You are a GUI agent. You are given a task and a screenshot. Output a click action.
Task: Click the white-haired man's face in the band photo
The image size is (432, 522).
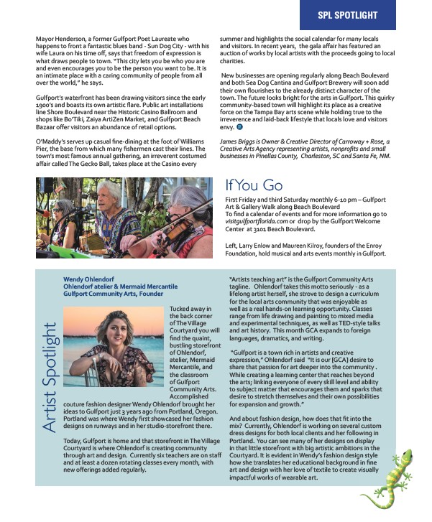click(111, 195)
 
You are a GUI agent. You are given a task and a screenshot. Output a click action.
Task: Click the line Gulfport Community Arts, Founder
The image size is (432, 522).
click(113, 294)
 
